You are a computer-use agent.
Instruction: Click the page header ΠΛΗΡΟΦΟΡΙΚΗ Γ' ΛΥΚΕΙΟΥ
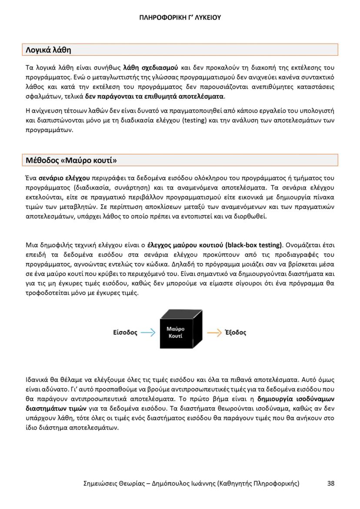pyautogui.click(x=180, y=18)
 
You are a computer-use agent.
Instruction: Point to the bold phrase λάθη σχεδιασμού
pyautogui.click(x=150, y=68)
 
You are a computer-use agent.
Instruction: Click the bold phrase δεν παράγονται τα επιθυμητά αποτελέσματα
pyautogui.click(x=154, y=96)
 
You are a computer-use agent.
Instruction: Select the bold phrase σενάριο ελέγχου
pyautogui.click(x=64, y=178)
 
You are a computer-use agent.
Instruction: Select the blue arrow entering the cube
pyautogui.click(x=148, y=333)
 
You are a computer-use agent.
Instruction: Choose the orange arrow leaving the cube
pyautogui.click(x=214, y=333)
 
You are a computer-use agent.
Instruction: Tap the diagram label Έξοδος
pyautogui.click(x=235, y=333)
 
